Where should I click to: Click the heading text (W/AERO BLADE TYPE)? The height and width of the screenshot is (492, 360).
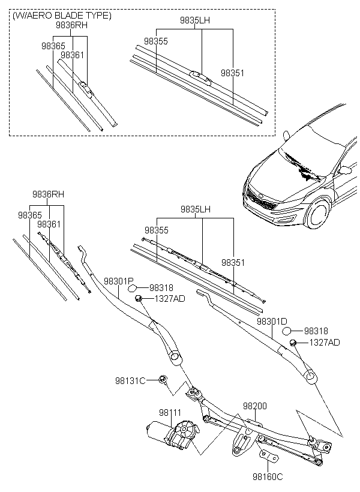click(62, 16)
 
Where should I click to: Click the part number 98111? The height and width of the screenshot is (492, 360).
click(170, 413)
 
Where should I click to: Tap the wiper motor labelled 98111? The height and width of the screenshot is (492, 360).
click(173, 434)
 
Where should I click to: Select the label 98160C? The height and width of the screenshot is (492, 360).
click(268, 476)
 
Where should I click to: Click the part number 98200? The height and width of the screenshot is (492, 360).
click(254, 406)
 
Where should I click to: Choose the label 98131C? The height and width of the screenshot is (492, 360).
click(130, 380)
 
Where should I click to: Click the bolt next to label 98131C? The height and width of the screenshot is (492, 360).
click(163, 379)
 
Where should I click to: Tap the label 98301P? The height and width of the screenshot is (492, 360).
click(119, 281)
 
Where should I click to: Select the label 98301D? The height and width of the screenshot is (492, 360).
click(272, 322)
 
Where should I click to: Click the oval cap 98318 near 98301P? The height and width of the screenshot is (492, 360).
click(133, 289)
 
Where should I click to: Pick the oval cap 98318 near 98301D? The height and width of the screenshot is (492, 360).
click(287, 331)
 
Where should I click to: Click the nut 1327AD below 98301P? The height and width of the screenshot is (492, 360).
click(138, 298)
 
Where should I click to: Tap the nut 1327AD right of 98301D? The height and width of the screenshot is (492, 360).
click(293, 343)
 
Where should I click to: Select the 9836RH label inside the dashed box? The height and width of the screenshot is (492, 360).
click(71, 25)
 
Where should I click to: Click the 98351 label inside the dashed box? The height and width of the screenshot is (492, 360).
click(232, 73)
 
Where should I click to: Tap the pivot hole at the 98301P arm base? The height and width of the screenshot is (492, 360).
click(175, 357)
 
